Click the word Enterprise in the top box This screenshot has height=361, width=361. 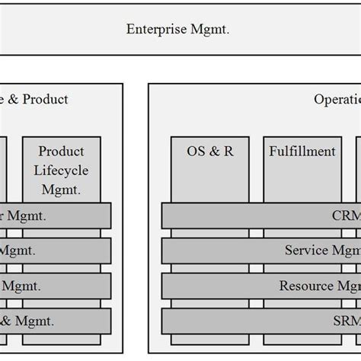coord(152,30)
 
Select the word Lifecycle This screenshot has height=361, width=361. coord(61,168)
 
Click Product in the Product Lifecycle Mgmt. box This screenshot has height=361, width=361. coord(61,152)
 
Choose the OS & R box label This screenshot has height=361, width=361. coord(209,152)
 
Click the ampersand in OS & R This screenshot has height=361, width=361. coord(210,152)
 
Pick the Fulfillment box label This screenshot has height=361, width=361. coord(302,152)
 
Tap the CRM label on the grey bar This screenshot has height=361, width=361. coord(345,216)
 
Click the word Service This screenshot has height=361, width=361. coord(306,250)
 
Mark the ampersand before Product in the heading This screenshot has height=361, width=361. coord(11,99)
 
